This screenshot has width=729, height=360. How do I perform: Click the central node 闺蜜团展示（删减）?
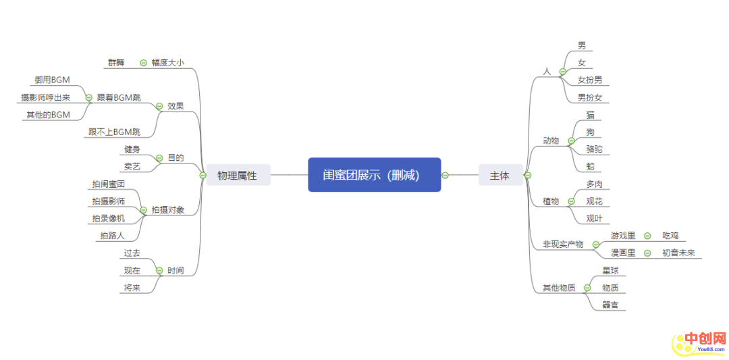click(374, 175)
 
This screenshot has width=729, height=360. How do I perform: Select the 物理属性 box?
click(237, 175)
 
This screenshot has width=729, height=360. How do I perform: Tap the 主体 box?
click(500, 175)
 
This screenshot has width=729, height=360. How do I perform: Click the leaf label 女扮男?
click(589, 80)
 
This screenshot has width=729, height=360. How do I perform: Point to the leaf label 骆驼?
click(595, 149)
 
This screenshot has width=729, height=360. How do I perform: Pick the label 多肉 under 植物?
click(595, 184)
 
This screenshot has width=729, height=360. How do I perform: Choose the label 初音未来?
click(678, 253)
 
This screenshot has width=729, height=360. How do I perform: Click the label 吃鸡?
click(670, 236)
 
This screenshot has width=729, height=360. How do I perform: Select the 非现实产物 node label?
click(563, 244)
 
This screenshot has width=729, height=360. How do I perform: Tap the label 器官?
click(610, 305)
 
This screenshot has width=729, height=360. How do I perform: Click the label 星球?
click(610, 270)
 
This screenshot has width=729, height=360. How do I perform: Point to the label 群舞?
click(116, 63)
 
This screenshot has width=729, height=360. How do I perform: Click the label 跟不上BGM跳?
click(114, 132)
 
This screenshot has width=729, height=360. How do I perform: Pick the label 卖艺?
click(132, 166)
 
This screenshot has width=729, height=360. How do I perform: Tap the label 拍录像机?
click(109, 218)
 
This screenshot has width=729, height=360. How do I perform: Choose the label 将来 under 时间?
click(132, 288)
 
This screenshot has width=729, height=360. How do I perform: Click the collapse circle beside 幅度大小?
click(143, 63)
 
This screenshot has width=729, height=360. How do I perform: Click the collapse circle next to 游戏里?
click(647, 236)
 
